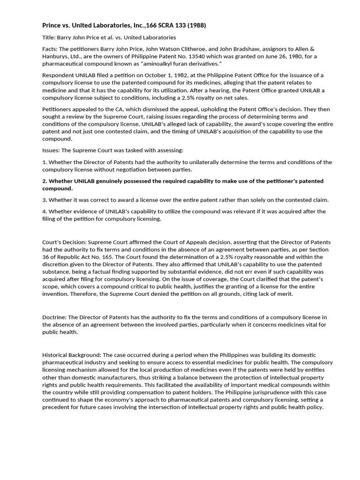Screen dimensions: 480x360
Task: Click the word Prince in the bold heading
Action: [52, 25]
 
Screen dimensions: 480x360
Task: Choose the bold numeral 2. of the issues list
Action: [45, 181]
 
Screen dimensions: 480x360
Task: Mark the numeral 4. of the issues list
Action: [45, 212]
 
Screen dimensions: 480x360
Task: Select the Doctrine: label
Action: [55, 318]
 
